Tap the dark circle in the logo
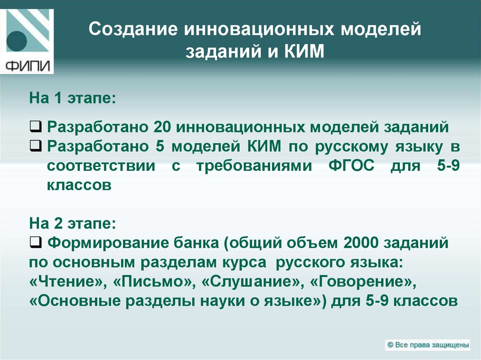click(17, 41)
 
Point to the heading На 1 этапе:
click(72, 99)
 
